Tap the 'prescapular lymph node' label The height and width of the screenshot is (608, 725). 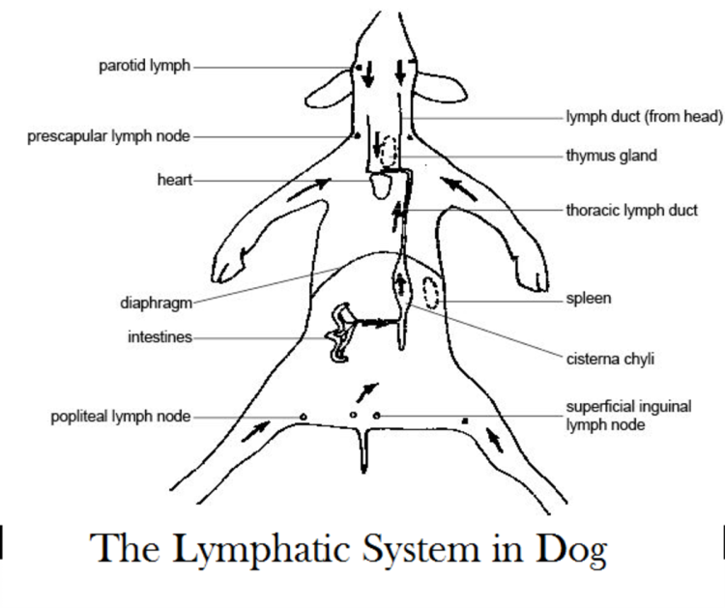[108, 137]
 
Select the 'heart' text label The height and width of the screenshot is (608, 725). [173, 180]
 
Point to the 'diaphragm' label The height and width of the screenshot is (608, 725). [150, 302]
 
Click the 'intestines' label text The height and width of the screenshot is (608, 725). [158, 337]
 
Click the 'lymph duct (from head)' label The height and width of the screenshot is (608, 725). [644, 118]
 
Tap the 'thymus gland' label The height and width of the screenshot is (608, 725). [612, 155]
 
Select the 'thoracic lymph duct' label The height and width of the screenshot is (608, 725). [631, 208]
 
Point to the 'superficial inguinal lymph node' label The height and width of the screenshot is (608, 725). [628, 415]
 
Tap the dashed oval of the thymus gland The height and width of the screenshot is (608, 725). [389, 150]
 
